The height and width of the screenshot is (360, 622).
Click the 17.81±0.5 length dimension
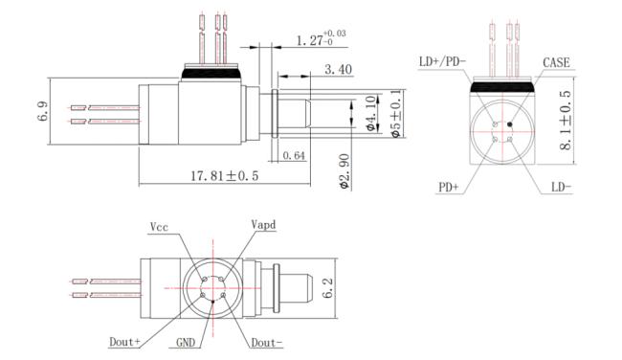(225, 176)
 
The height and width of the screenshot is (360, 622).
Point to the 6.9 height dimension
(43, 111)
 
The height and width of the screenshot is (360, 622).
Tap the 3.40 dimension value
(339, 70)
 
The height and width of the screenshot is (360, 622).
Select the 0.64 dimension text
(294, 156)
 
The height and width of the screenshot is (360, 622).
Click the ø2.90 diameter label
(344, 171)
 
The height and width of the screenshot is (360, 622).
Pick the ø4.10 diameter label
(369, 113)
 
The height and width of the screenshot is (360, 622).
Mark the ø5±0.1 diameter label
(396, 114)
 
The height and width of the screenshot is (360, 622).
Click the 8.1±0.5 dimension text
(566, 121)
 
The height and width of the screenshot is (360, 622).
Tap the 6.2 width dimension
(327, 288)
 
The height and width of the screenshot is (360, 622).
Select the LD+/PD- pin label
(443, 62)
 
